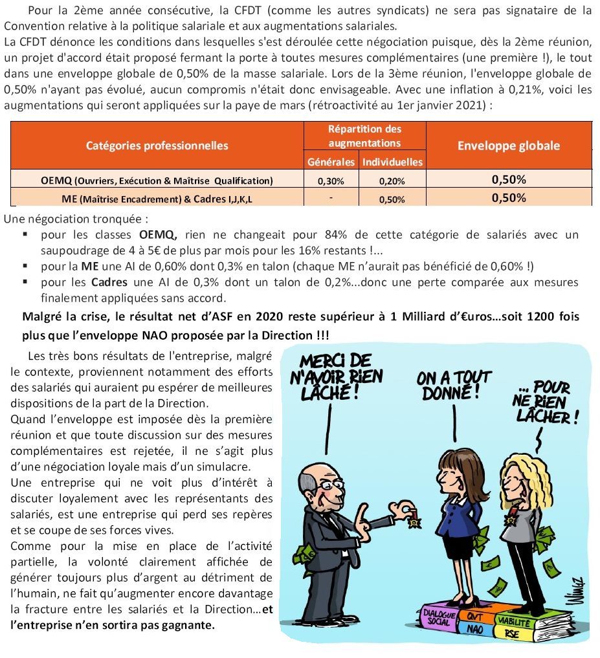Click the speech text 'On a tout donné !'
point(454,384)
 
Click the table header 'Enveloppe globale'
point(509,146)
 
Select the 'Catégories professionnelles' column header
point(157,146)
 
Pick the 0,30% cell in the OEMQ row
point(331,181)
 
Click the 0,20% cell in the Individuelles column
point(392,181)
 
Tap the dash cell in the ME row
point(331,198)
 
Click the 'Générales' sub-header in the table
point(331,162)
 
